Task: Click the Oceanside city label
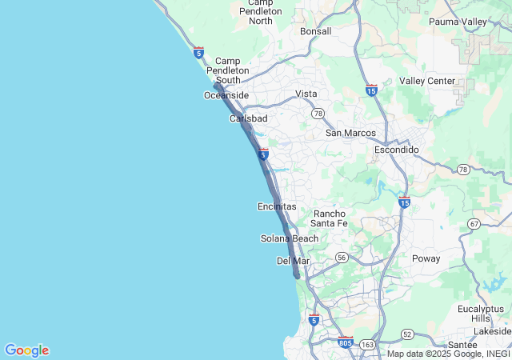pyautogui.click(x=226, y=95)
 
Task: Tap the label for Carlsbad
pyautogui.click(x=249, y=118)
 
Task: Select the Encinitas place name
pyautogui.click(x=277, y=206)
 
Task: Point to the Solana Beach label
pyautogui.click(x=290, y=238)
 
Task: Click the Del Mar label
pyautogui.click(x=293, y=261)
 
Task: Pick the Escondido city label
pyautogui.click(x=397, y=150)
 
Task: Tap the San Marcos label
pyautogui.click(x=350, y=133)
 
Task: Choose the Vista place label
pyautogui.click(x=306, y=94)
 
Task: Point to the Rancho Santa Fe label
pyautogui.click(x=329, y=218)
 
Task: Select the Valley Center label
pyautogui.click(x=427, y=81)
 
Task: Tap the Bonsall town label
pyautogui.click(x=315, y=31)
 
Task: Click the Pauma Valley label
pyautogui.click(x=458, y=22)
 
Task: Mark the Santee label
pyautogui.click(x=463, y=344)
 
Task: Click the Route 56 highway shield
pyautogui.click(x=342, y=257)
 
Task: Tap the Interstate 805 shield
pyautogui.click(x=346, y=342)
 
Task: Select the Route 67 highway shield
pyautogui.click(x=475, y=224)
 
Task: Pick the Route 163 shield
pyautogui.click(x=367, y=344)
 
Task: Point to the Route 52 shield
pyautogui.click(x=407, y=334)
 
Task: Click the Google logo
pyautogui.click(x=27, y=350)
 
